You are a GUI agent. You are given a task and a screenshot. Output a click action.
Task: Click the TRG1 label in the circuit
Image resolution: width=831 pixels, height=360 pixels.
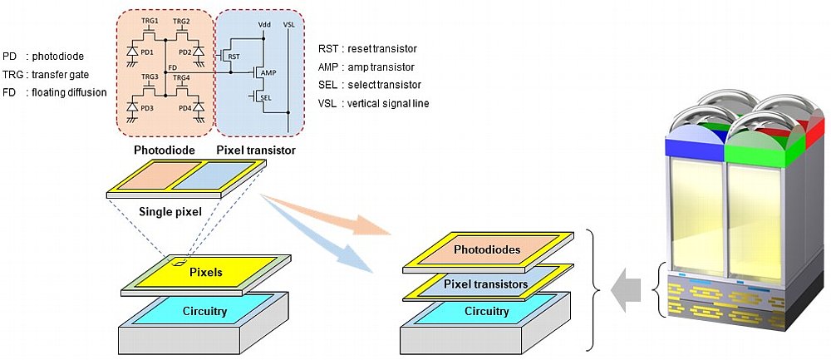coord(150,21)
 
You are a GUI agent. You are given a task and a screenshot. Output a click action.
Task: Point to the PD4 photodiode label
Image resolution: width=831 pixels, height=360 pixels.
coord(185,108)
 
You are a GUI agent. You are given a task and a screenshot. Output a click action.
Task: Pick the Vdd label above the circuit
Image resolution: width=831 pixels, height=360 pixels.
coord(263,24)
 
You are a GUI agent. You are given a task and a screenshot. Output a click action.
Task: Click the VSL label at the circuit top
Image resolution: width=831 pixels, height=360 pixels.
coord(289,24)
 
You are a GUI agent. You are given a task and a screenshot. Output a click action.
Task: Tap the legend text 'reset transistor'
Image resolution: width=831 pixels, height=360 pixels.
coord(382,49)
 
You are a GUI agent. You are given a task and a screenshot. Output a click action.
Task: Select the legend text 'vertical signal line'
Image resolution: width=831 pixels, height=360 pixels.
coord(388,103)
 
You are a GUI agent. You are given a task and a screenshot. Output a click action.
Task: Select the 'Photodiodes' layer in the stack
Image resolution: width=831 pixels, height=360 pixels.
coord(488,249)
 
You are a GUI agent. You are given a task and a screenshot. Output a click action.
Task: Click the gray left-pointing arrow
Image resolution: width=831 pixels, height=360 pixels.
coord(626,290)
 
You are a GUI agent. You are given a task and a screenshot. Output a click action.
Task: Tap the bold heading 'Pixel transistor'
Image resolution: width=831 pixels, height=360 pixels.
coord(256,150)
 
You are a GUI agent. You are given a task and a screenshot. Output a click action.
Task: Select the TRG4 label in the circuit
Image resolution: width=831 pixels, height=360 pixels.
coord(181,77)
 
